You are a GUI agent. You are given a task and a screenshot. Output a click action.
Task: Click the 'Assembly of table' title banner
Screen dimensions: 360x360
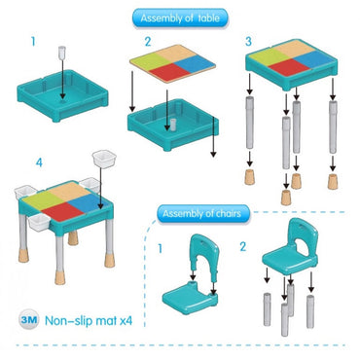click(180, 18)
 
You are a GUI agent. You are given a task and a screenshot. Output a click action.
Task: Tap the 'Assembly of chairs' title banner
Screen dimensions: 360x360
click(203, 214)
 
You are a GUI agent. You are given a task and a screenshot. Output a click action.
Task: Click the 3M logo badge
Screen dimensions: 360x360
click(29, 319)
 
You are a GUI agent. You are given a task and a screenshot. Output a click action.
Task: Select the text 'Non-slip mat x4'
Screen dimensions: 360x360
click(89, 321)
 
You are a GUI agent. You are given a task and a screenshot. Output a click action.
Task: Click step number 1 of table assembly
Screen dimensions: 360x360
click(33, 42)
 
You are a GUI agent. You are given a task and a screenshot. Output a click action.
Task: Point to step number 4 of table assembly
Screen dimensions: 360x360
click(39, 162)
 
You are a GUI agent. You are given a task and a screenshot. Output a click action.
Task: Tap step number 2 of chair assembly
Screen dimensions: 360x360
click(243, 247)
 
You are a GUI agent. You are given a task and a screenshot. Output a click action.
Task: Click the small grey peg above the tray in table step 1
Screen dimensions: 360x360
click(61, 53)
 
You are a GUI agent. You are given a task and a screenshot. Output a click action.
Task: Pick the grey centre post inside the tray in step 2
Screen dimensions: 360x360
click(173, 125)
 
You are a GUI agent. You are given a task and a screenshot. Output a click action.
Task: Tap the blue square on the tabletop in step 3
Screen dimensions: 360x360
click(314, 59)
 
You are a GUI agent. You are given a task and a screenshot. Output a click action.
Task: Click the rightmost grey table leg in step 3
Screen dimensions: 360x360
click(333, 127)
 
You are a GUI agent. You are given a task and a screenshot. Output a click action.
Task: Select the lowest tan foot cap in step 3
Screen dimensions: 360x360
click(286, 198)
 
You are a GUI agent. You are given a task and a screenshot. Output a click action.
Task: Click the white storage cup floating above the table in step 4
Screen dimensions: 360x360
click(104, 159)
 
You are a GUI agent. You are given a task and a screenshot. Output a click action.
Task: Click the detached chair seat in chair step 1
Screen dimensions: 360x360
click(190, 297)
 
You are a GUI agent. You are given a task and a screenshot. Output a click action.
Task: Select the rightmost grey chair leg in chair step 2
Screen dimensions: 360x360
click(310, 311)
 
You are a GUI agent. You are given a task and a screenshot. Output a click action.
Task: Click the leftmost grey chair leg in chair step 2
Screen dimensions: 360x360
click(267, 309)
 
